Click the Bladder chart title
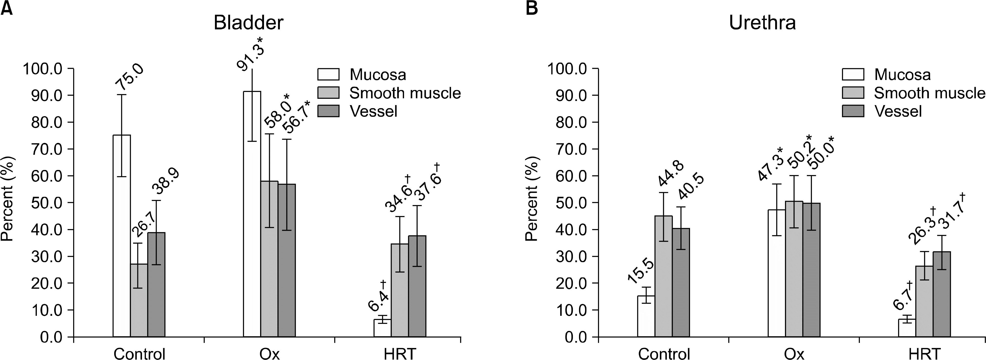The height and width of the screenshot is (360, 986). (x=248, y=23)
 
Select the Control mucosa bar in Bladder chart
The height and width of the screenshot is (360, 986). (x=122, y=236)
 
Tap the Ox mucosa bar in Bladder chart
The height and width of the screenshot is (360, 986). (x=252, y=214)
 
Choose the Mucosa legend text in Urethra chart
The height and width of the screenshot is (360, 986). (x=902, y=75)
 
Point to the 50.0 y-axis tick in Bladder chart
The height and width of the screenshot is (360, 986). (x=45, y=203)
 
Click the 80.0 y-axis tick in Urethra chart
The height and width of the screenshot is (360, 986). (x=569, y=122)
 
